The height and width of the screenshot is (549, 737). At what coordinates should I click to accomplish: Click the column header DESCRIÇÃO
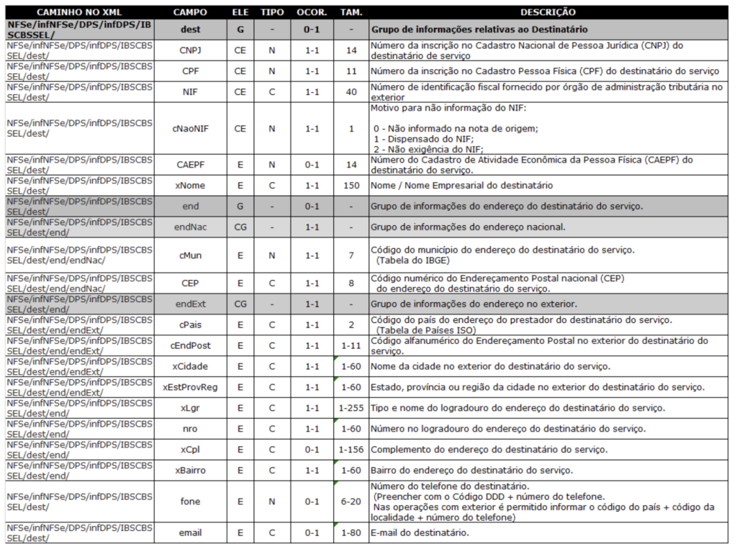click(548, 12)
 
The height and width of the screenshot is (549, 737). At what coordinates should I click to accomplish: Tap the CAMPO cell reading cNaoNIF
click(191, 129)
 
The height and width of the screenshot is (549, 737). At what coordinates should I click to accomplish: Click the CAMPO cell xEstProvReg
click(191, 387)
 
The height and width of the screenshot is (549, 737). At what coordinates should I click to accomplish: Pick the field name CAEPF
click(191, 165)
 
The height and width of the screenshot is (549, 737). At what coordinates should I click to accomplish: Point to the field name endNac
click(191, 227)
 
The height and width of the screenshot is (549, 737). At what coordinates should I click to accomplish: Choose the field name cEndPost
click(191, 346)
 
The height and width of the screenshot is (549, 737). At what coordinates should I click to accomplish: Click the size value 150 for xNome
click(351, 186)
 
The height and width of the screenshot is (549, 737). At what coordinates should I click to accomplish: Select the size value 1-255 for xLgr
click(351, 408)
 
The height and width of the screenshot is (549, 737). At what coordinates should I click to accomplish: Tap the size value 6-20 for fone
click(351, 502)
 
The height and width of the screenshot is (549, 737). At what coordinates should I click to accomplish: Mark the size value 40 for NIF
click(351, 92)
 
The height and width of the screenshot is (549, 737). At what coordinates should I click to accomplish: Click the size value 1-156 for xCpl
click(351, 450)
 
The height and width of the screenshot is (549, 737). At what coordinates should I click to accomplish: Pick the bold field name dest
click(191, 30)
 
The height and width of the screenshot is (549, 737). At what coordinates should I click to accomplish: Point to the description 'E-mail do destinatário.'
click(420, 533)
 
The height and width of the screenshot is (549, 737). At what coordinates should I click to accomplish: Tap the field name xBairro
click(191, 471)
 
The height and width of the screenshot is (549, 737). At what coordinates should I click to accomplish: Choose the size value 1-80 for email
click(351, 533)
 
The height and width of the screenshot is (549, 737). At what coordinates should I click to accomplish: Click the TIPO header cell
click(272, 12)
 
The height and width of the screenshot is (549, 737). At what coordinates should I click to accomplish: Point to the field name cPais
click(191, 325)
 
